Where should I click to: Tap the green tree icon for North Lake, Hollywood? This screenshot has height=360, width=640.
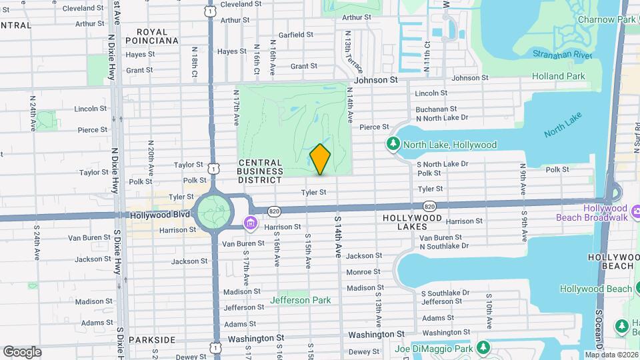[x=393, y=144]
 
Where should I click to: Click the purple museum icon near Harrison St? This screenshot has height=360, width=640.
[x=251, y=223]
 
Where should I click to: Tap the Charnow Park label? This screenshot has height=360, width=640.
[x=606, y=19]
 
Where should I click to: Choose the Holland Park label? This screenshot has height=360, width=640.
[x=559, y=76]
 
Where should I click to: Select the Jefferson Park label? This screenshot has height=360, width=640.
[x=300, y=300]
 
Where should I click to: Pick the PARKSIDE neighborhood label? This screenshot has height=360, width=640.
[x=151, y=339]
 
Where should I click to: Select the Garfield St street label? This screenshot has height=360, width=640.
[x=296, y=35]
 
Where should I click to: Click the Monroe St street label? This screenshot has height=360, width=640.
[x=363, y=272]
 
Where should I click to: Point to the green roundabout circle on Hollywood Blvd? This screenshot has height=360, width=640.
[x=214, y=211]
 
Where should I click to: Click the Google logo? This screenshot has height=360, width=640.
[x=22, y=351]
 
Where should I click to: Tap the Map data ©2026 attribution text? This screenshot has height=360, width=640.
[x=610, y=355]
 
